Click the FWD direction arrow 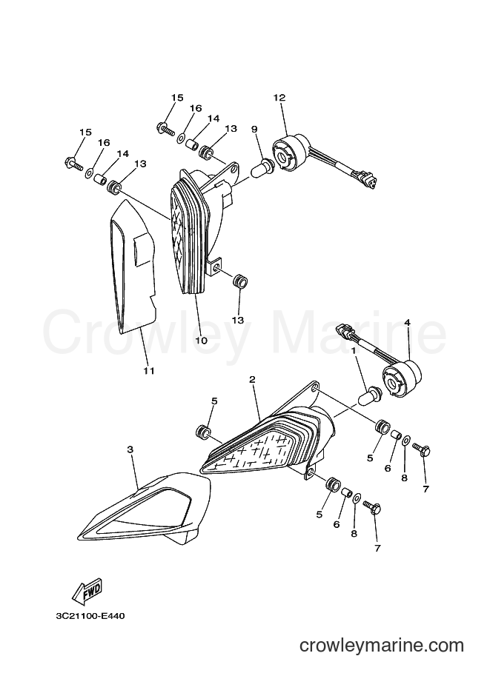[x=87, y=590]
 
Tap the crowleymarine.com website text [x=382, y=646]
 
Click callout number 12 [x=279, y=98]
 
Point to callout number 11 [x=149, y=371]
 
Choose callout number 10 [x=201, y=340]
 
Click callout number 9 [x=254, y=129]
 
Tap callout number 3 [x=130, y=449]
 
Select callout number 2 [x=252, y=379]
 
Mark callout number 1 [x=354, y=352]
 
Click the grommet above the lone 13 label [x=240, y=282]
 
